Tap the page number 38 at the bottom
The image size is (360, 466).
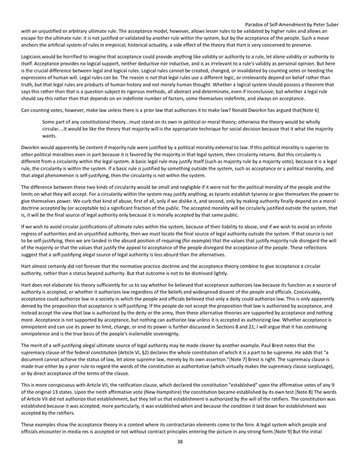click(180, 458)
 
